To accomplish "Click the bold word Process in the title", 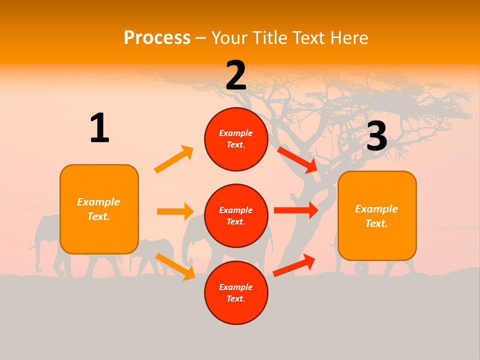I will click(157, 38).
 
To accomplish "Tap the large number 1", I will click(99, 128).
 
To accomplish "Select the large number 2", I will click(236, 75).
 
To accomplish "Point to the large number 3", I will click(376, 136).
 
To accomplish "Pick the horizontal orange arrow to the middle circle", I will click(175, 211).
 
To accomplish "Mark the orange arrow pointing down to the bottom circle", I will click(175, 266).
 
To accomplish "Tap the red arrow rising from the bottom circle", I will click(294, 265).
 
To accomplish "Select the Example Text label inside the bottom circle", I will click(236, 293).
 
